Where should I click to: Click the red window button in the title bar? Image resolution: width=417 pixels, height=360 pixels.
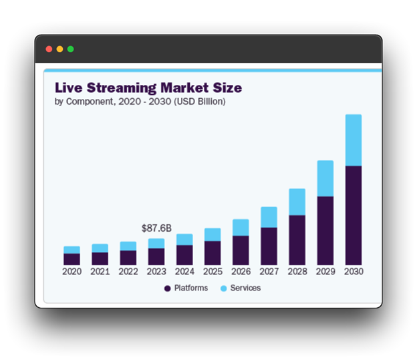click(x=49, y=49)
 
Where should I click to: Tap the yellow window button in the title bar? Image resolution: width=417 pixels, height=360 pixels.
click(x=59, y=49)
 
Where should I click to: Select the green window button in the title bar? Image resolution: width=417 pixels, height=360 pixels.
click(x=70, y=49)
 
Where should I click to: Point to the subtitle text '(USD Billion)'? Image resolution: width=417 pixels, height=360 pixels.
click(x=200, y=102)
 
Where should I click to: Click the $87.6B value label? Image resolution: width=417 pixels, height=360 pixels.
click(x=156, y=228)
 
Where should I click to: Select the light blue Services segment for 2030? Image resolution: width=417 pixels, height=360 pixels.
click(x=353, y=140)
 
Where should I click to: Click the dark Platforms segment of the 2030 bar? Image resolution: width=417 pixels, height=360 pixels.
click(x=353, y=215)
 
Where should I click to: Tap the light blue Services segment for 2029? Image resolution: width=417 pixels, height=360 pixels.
click(x=325, y=178)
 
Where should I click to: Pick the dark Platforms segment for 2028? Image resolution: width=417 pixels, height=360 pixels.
click(x=297, y=240)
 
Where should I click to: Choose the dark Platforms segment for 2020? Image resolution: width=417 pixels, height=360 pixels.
click(x=72, y=259)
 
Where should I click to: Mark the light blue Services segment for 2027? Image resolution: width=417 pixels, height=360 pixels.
click(x=269, y=217)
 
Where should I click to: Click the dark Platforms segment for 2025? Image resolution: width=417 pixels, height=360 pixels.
click(x=213, y=252)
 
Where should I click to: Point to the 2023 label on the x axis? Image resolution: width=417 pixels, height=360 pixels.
click(x=156, y=272)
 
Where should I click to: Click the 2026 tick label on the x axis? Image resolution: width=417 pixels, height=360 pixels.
click(x=241, y=272)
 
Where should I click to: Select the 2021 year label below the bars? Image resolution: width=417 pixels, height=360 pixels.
click(x=100, y=272)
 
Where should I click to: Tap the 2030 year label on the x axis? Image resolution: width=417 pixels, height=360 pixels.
click(x=353, y=272)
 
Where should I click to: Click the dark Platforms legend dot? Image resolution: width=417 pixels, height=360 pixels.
click(x=167, y=289)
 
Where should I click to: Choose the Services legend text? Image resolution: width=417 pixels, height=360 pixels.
click(x=245, y=289)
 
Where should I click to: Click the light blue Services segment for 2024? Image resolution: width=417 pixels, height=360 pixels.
click(x=184, y=239)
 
